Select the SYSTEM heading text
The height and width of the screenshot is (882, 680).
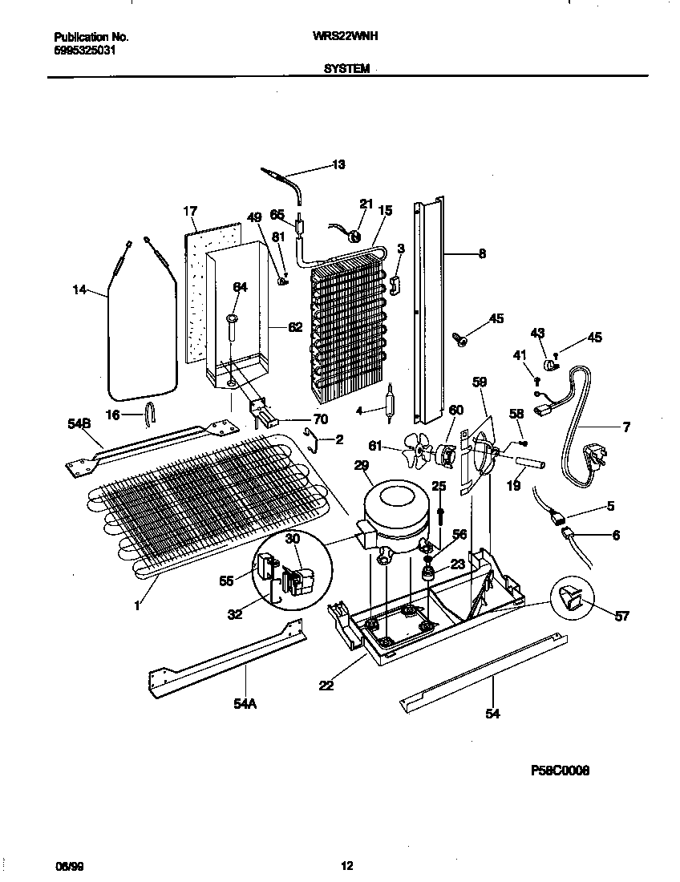[x=346, y=69]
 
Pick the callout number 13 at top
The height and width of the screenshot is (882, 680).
[x=338, y=165]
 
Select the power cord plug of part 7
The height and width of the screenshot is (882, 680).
[x=594, y=457]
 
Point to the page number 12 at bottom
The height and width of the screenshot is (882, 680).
[x=346, y=866]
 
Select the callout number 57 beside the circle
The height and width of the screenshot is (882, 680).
[x=621, y=616]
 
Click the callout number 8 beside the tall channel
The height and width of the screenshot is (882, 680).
[x=482, y=254]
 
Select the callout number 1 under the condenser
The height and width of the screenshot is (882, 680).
[x=137, y=606]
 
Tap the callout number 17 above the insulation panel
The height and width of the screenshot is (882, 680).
[x=189, y=212]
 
